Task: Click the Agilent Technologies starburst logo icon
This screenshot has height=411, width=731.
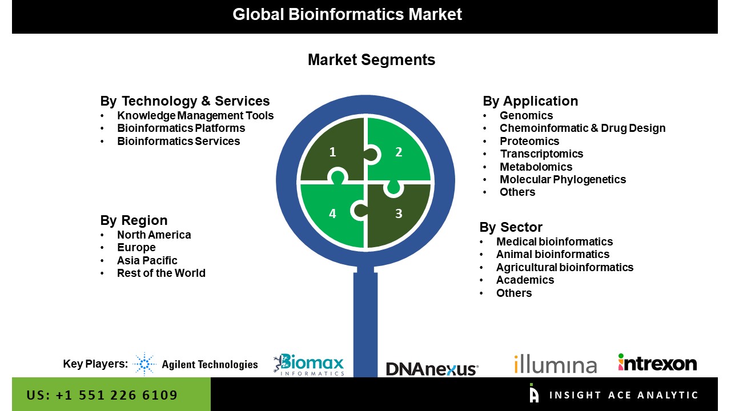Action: [x=144, y=364]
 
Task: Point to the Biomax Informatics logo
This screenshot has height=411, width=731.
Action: [x=309, y=365]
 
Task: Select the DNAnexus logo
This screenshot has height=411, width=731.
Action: [x=432, y=369]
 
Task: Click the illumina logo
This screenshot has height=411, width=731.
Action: [x=555, y=364]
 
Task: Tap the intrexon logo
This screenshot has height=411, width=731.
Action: [x=657, y=363]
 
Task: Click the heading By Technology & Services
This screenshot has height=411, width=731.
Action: [x=184, y=101]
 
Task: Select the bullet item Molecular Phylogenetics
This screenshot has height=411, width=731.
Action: [x=563, y=179]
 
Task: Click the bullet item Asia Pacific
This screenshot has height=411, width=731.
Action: [x=147, y=260]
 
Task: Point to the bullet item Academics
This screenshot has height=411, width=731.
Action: [x=525, y=280]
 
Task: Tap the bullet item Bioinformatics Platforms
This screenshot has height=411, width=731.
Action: [x=181, y=128]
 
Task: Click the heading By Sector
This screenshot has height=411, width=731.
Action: [x=511, y=227]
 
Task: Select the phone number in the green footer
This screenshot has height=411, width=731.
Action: [x=102, y=395]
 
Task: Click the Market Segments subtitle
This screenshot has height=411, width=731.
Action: [x=371, y=60]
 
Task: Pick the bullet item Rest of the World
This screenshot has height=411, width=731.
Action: [x=161, y=273]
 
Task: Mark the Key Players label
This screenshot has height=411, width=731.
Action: [x=95, y=364]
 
